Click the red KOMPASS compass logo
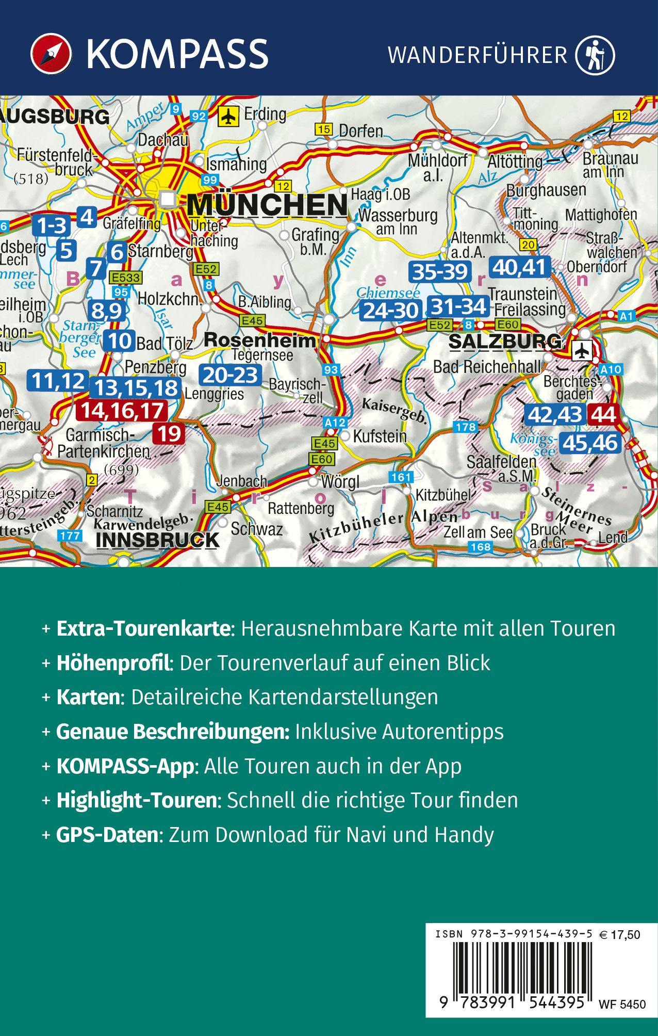coord(51,54)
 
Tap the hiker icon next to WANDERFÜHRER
coord(596,55)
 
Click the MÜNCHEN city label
coord(267,205)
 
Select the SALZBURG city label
coord(505,342)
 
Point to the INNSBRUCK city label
coord(157,540)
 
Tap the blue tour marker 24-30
coord(391,311)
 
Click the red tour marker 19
coord(169,434)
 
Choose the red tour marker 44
coord(603,415)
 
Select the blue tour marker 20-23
coord(230,375)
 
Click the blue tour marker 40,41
coord(519,267)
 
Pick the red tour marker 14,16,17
coord(122,411)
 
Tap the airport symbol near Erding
coord(227,116)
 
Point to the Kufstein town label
coord(380,436)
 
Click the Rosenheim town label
coord(259,340)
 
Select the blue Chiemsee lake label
coord(388,293)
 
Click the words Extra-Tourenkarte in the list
coord(143,628)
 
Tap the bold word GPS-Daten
coord(107,835)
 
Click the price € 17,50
coord(620,934)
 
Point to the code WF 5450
coord(622,1004)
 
